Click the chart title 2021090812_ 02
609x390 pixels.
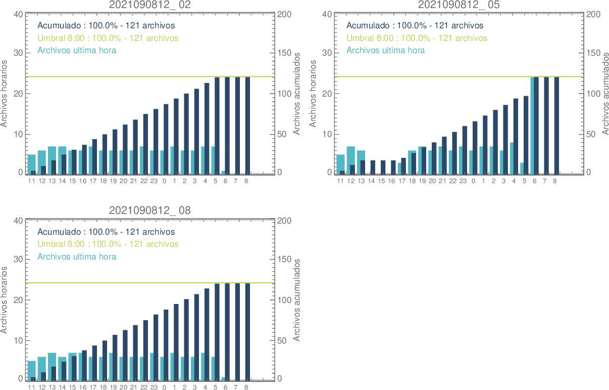[x=150, y=5]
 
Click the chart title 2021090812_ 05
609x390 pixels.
[x=459, y=5]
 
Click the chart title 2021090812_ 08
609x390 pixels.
[x=150, y=210]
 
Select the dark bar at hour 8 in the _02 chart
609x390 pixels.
[x=247, y=125]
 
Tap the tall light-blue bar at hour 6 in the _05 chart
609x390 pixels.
[x=533, y=125]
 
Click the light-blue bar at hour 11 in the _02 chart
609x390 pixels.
[x=31, y=163]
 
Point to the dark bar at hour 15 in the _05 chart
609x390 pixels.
[x=382, y=167]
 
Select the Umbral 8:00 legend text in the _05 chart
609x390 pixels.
[x=417, y=38]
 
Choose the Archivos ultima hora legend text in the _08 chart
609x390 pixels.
[x=77, y=256]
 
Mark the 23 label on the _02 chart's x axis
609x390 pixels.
[x=154, y=181]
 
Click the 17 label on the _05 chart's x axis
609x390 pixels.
[x=402, y=181]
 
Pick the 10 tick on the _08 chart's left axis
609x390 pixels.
[x=18, y=340]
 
